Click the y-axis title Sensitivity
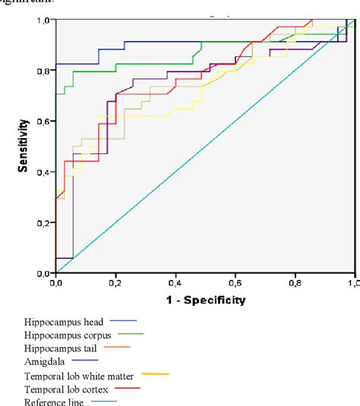pyautogui.click(x=24, y=145)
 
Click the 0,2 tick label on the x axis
pyautogui.click(x=115, y=282)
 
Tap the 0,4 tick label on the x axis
pyautogui.click(x=175, y=282)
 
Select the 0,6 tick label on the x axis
pyautogui.click(x=235, y=282)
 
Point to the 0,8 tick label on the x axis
pyautogui.click(x=295, y=282)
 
